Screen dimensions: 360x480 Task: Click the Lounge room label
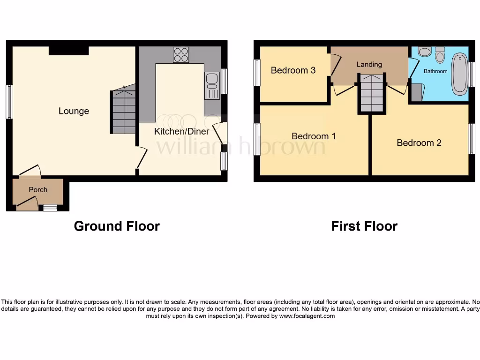click(x=74, y=111)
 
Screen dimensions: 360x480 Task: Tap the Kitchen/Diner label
click(x=181, y=131)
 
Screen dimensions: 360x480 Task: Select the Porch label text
click(x=38, y=189)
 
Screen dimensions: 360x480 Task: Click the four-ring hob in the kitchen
click(x=181, y=55)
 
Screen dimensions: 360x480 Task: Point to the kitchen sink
click(x=212, y=85)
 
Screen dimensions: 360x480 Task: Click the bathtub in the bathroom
click(x=459, y=74)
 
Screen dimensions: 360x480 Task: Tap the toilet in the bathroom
click(x=440, y=55)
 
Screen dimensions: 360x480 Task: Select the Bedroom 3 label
click(x=293, y=70)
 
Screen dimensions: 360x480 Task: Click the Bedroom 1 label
click(x=314, y=136)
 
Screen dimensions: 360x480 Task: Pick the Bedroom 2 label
click(x=419, y=142)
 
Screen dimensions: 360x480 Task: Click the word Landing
click(x=369, y=64)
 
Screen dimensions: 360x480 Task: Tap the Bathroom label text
click(x=435, y=71)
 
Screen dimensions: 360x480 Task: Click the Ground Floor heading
click(x=117, y=226)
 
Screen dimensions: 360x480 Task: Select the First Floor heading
click(x=364, y=226)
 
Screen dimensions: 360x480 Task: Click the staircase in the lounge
click(x=124, y=112)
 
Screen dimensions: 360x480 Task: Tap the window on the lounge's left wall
click(x=9, y=101)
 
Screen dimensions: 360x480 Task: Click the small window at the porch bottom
click(x=50, y=207)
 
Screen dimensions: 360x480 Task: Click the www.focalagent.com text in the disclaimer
click(x=307, y=316)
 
